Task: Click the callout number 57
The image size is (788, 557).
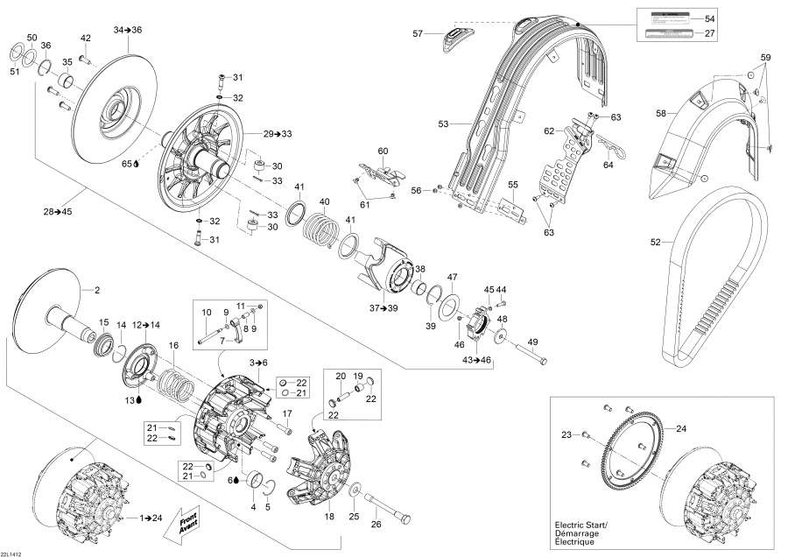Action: click(x=418, y=33)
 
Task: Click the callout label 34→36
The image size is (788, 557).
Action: click(x=127, y=30)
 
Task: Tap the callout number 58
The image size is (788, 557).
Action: click(x=662, y=112)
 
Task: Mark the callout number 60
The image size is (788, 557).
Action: click(x=383, y=152)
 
